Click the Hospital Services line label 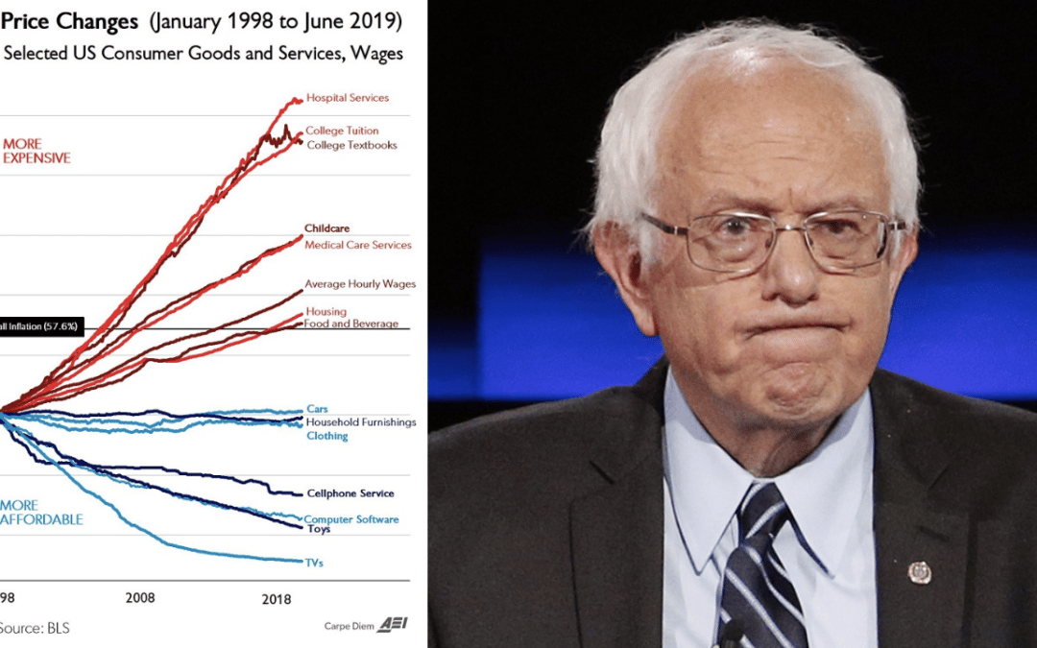tap(347, 98)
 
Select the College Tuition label tap(341, 131)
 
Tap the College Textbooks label tap(350, 145)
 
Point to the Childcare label tap(326, 228)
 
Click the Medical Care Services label tap(357, 245)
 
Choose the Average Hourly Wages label tap(359, 284)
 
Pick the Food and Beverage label tap(350, 324)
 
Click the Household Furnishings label tap(360, 422)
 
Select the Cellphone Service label tap(350, 493)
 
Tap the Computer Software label tap(350, 519)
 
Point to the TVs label tap(314, 563)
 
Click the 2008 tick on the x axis tap(140, 597)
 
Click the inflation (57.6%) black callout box tap(38, 327)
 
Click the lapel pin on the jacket tap(920, 572)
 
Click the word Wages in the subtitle tap(379, 54)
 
